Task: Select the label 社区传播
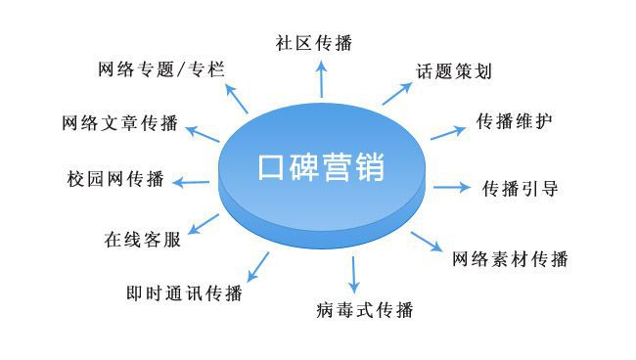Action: pyautogui.click(x=313, y=42)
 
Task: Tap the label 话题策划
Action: pyautogui.click(x=452, y=71)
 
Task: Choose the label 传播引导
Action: pyautogui.click(x=521, y=189)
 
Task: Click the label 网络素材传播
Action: pyautogui.click(x=510, y=259)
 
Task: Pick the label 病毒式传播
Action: pyautogui.click(x=365, y=311)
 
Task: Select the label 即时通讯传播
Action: pyautogui.click(x=185, y=292)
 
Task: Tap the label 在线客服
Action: pyautogui.click(x=142, y=240)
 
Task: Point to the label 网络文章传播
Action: pyautogui.click(x=119, y=124)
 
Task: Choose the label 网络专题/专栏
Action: pyautogui.click(x=162, y=69)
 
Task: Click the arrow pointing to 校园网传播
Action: pyautogui.click(x=192, y=180)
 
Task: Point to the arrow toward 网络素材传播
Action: pyautogui.click(x=428, y=243)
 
